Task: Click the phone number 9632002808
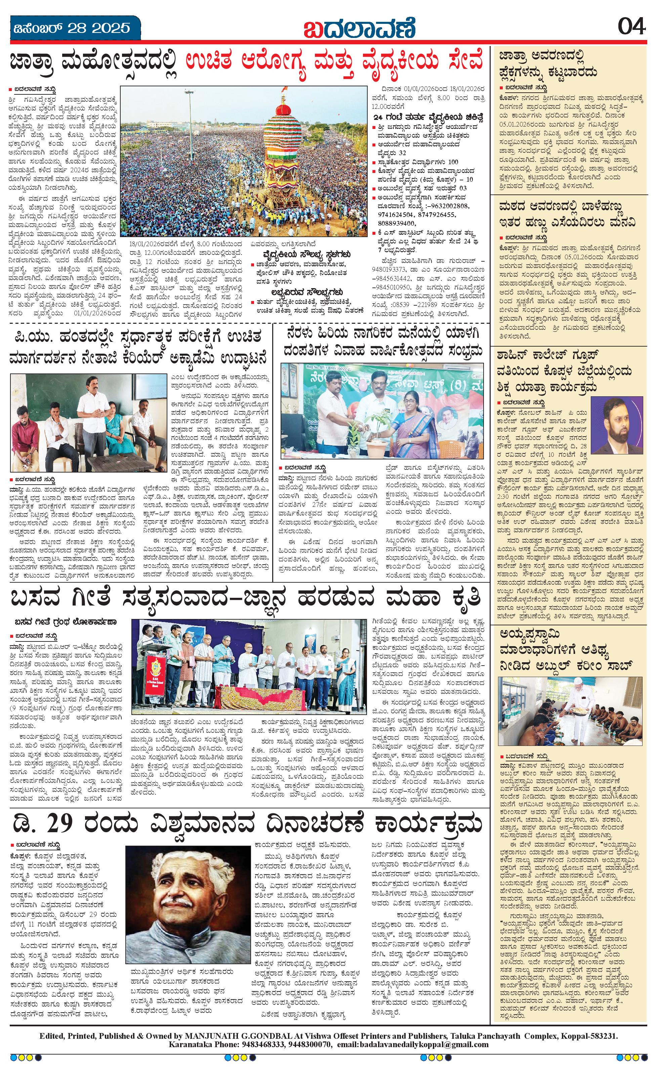tap(448, 205)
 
